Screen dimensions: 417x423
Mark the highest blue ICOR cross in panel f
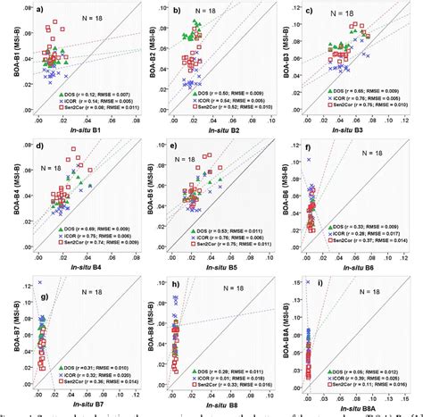pos(310,160)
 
